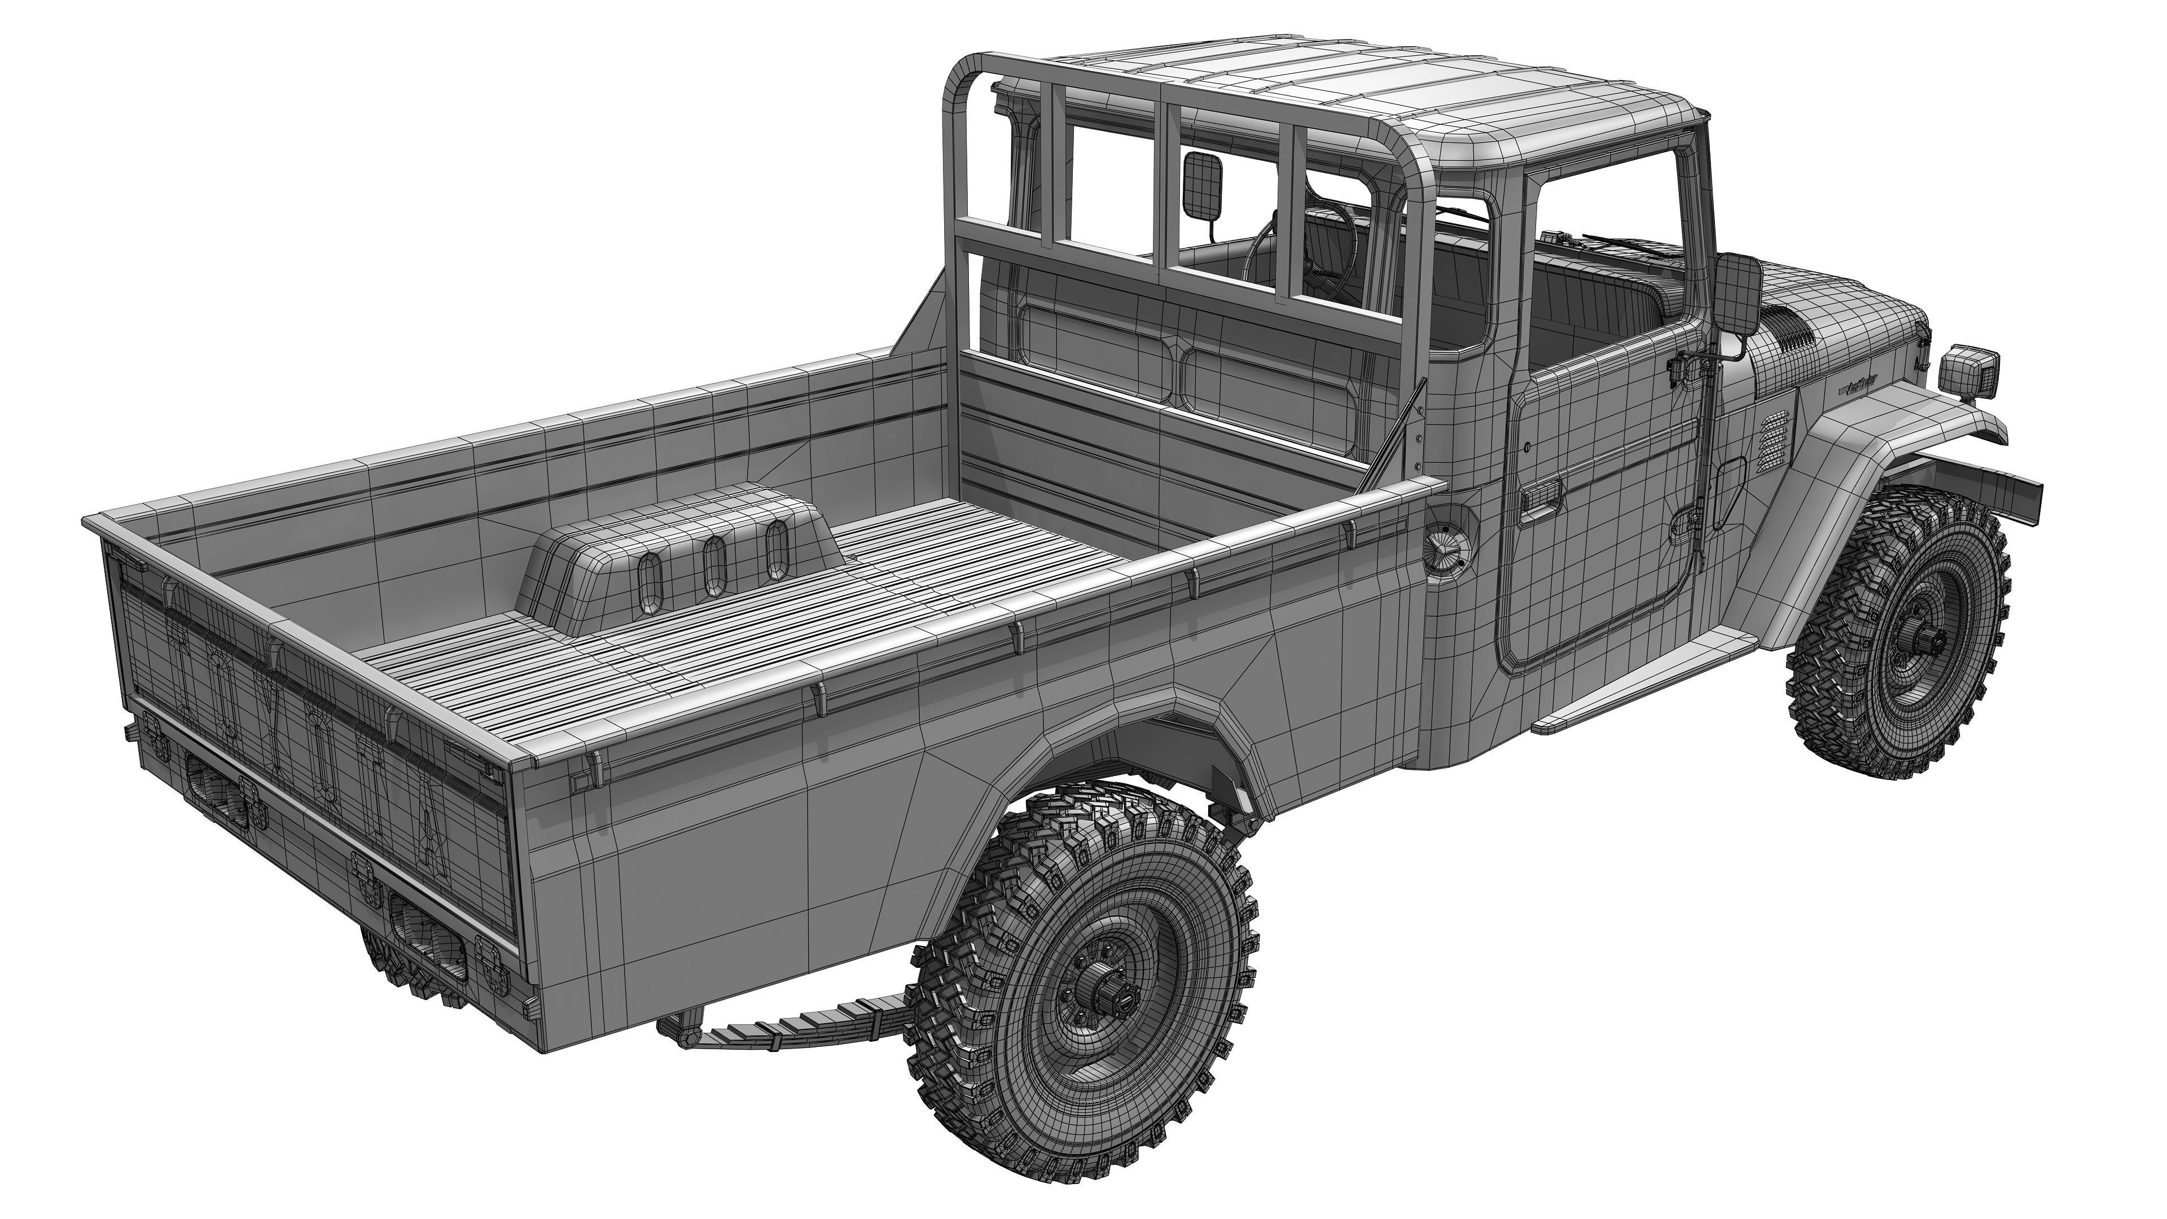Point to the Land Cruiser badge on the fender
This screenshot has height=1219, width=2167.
[1857, 387]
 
